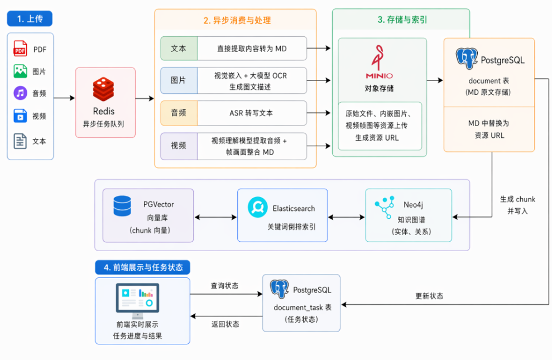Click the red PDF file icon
(x=20, y=49)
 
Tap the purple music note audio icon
(x=21, y=93)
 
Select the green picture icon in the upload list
(x=21, y=71)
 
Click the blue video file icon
(x=20, y=116)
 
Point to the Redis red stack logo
(x=103, y=89)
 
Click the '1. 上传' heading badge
(x=30, y=18)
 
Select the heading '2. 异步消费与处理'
(x=237, y=21)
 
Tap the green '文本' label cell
(x=179, y=49)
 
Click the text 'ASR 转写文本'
(x=251, y=113)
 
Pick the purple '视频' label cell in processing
(x=179, y=146)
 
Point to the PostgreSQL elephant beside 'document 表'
(x=467, y=58)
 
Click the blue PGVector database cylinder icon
(x=122, y=206)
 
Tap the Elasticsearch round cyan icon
(x=258, y=207)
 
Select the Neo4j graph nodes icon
(x=385, y=208)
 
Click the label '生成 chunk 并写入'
(x=517, y=205)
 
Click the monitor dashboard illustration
(x=137, y=301)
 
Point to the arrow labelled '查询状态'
(x=227, y=294)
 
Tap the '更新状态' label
(x=429, y=296)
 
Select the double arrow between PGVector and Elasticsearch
(x=215, y=217)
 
